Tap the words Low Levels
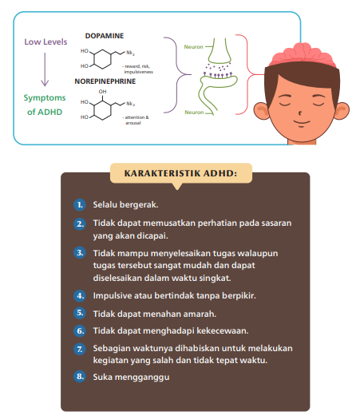coord(45,42)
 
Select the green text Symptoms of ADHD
coord(46,105)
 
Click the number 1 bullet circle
coord(80,204)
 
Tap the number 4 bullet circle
coord(80,295)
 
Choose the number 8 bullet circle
coord(80,377)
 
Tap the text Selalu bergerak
coord(125,204)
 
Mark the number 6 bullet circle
coord(80,330)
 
